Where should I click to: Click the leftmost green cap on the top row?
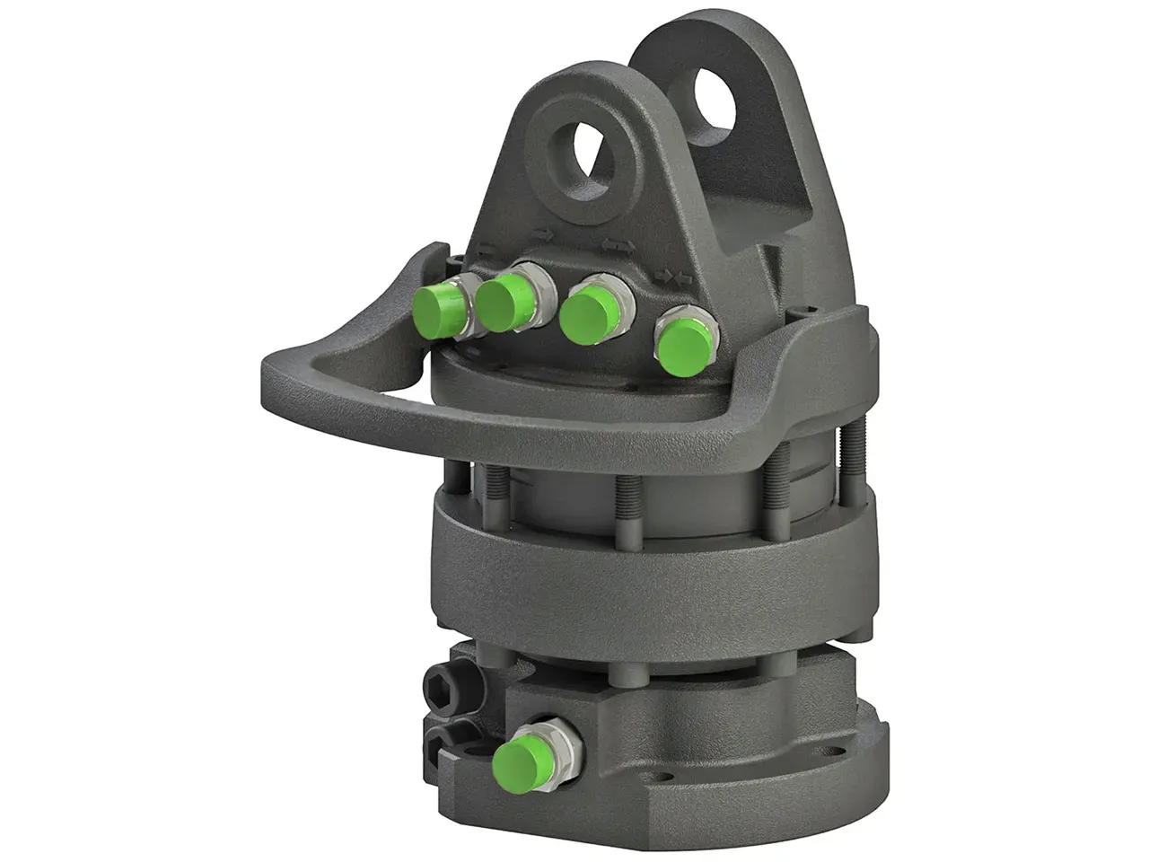coord(440,308)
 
